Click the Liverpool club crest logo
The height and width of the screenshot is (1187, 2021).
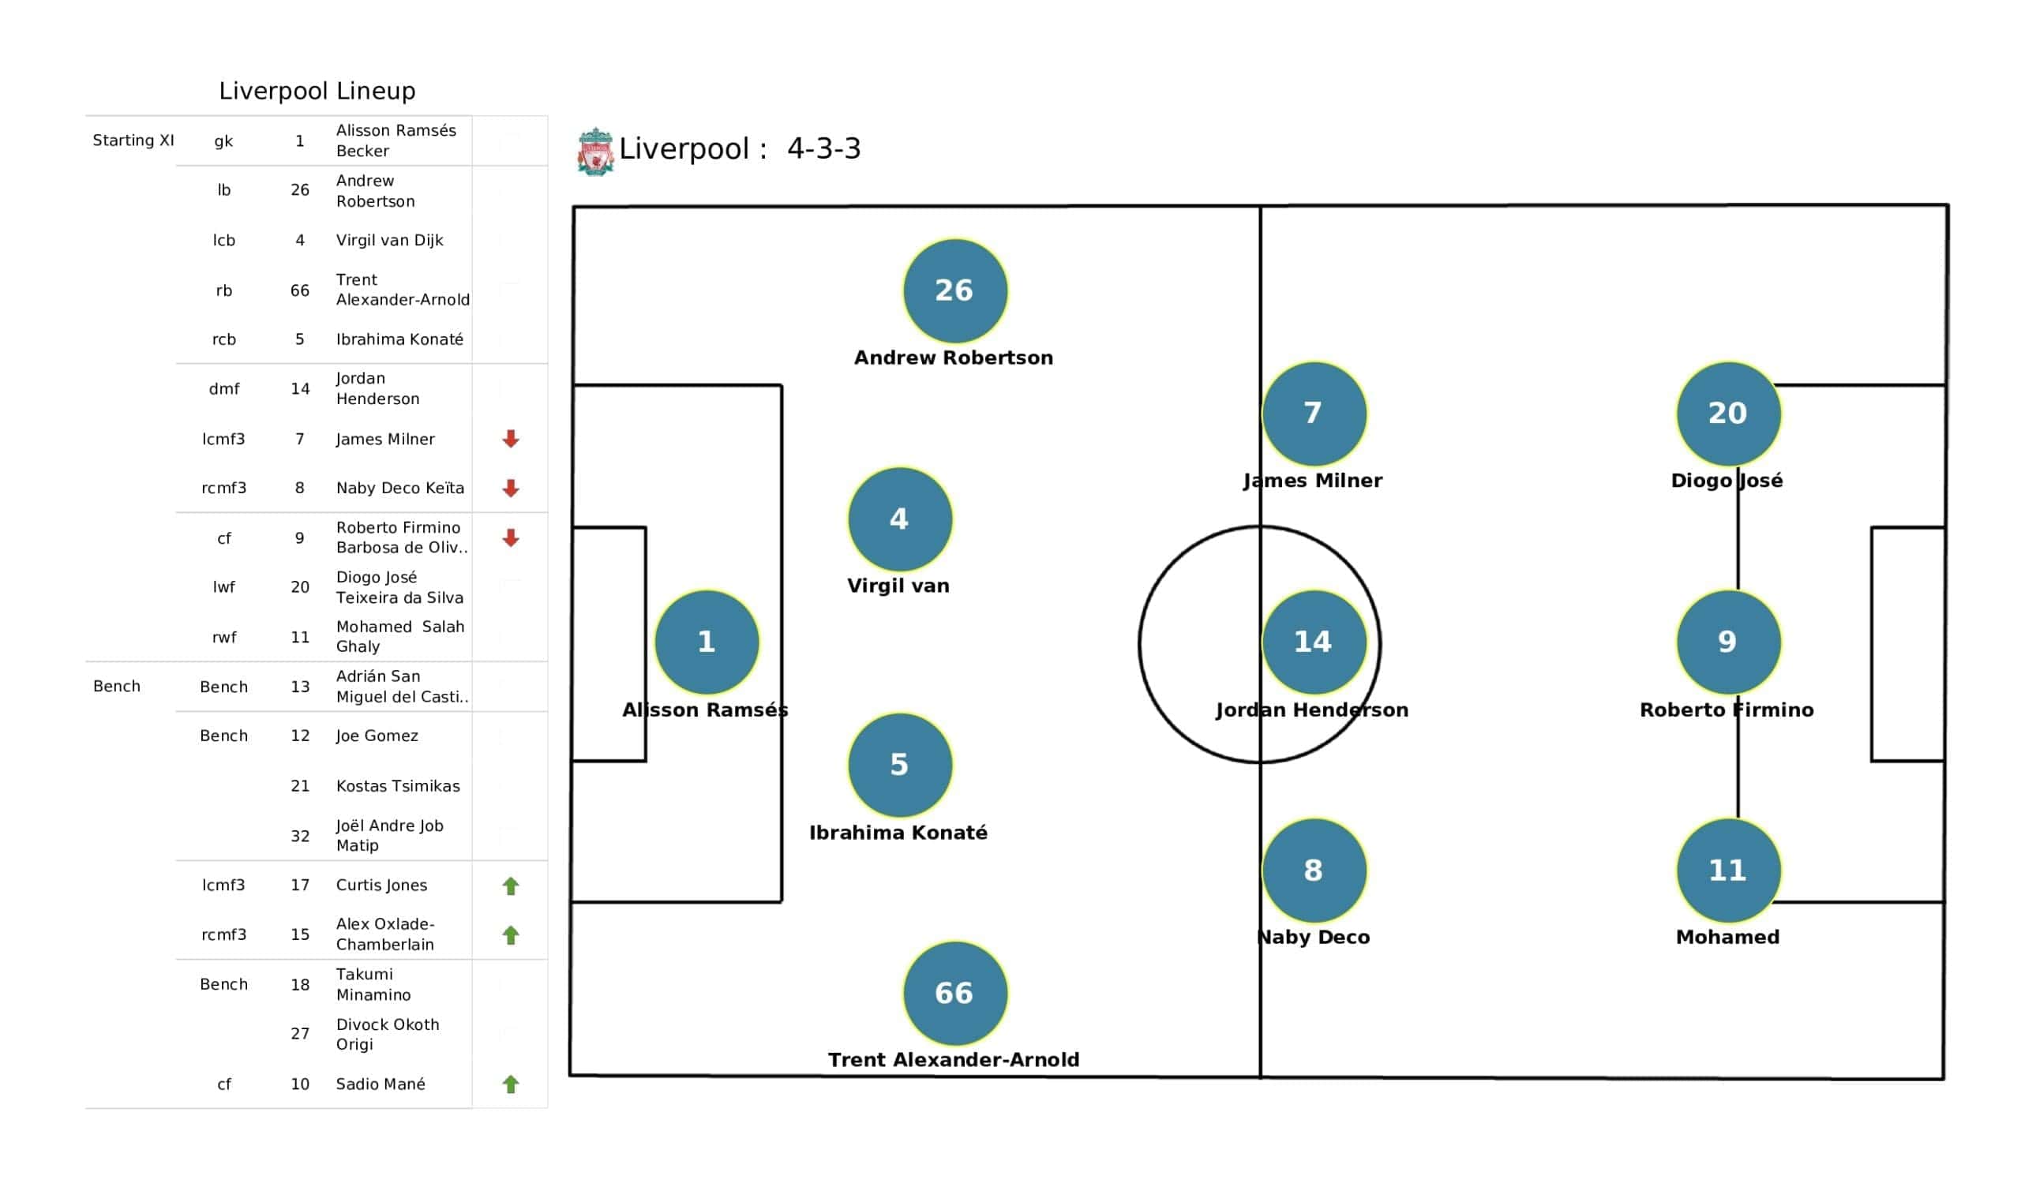(x=595, y=151)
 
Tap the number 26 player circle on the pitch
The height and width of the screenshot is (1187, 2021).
(x=954, y=290)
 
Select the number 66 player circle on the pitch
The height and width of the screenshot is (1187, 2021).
(x=954, y=994)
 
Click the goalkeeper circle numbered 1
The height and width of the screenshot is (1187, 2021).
(x=707, y=642)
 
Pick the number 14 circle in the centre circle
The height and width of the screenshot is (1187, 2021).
(x=1313, y=642)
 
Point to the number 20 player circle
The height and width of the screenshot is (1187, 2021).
(x=1727, y=413)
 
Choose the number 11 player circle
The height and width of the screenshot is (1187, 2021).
(x=1727, y=871)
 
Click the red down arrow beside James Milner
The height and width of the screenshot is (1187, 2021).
(x=511, y=439)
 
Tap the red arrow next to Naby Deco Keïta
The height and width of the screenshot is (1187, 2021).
(x=511, y=489)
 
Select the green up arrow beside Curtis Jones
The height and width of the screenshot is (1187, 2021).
(x=511, y=886)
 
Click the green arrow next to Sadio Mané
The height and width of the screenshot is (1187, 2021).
(x=511, y=1084)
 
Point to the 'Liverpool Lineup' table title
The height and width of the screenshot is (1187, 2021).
(x=317, y=91)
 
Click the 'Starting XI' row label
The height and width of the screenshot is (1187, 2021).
(x=133, y=140)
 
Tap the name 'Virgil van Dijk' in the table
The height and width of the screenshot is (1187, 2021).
(x=390, y=240)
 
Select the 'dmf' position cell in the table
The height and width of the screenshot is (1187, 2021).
(x=223, y=389)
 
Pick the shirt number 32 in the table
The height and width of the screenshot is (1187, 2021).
(x=300, y=837)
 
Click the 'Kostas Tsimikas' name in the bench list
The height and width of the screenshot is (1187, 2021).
(x=398, y=786)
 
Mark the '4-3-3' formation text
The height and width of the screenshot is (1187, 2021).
(x=823, y=148)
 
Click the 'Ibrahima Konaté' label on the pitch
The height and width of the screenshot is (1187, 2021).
(x=898, y=833)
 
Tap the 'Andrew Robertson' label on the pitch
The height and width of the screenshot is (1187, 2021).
(x=954, y=358)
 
